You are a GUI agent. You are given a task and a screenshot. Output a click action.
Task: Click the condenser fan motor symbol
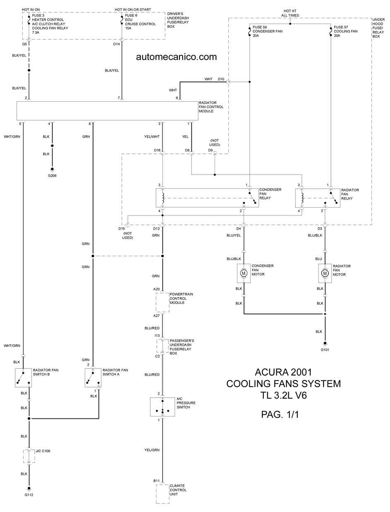244,273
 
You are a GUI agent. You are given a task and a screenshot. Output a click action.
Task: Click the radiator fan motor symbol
325,273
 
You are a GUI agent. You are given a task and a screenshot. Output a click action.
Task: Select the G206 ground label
52,176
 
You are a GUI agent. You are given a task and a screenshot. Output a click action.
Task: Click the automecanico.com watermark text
176,57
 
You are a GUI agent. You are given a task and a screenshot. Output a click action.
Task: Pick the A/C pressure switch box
163,407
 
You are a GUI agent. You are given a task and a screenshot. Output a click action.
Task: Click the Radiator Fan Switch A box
93,378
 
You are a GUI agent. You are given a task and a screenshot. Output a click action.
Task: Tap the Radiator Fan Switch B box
23,378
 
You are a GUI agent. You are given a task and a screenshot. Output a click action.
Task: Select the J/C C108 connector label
43,451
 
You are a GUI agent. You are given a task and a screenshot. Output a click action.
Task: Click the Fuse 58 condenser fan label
268,31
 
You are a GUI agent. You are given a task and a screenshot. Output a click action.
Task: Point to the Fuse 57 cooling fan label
346,31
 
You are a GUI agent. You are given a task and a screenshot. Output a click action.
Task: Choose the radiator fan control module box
107,111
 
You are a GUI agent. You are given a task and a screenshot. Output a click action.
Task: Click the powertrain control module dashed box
163,303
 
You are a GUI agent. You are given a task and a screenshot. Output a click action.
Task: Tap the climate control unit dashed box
163,494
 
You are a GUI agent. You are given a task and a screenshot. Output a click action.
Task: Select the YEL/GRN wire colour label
152,450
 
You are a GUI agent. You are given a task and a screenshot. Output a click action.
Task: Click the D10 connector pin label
221,79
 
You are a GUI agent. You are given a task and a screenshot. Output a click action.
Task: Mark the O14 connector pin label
116,44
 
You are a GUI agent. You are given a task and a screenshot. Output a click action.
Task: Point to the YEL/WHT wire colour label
152,136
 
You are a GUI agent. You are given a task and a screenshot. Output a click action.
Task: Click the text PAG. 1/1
280,414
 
